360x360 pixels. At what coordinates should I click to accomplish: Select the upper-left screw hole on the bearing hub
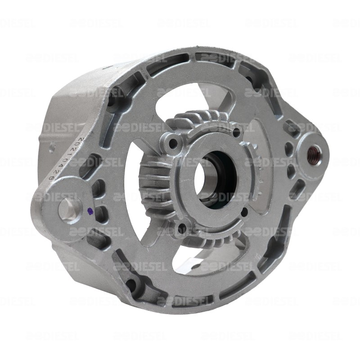coord(172,145)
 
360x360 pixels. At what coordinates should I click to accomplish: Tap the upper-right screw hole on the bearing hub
coord(236,131)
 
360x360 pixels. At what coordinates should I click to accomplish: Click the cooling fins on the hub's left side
coord(151,182)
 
